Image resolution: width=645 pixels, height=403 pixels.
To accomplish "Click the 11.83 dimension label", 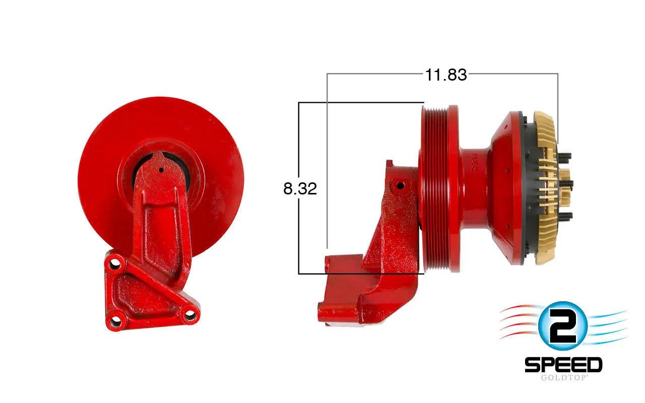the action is (446, 75).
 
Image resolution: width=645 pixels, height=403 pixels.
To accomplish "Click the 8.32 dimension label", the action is (300, 188).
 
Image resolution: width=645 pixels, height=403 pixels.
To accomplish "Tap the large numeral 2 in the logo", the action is (563, 326).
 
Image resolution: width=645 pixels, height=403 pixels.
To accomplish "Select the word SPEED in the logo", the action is (563, 365).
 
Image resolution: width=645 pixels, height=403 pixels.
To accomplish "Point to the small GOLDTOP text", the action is (563, 378).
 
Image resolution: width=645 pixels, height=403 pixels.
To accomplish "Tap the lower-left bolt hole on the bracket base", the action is (115, 319).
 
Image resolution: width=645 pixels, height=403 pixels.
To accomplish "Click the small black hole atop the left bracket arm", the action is (161, 170).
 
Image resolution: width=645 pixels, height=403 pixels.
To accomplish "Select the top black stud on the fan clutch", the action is (565, 156).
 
